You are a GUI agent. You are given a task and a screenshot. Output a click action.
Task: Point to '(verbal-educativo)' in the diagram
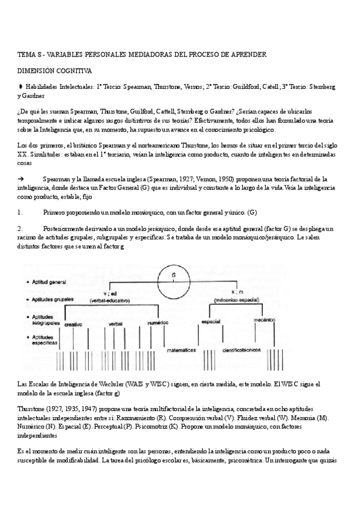click(110, 299)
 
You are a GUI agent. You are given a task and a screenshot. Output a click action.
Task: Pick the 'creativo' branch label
click(73, 324)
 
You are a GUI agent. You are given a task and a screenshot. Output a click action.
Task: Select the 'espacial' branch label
click(210, 322)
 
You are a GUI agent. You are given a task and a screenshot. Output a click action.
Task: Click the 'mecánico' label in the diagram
click(264, 321)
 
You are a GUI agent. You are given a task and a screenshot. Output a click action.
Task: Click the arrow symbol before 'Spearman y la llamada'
click(20, 179)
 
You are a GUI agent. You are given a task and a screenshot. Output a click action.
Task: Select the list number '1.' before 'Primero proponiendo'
click(20, 212)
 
